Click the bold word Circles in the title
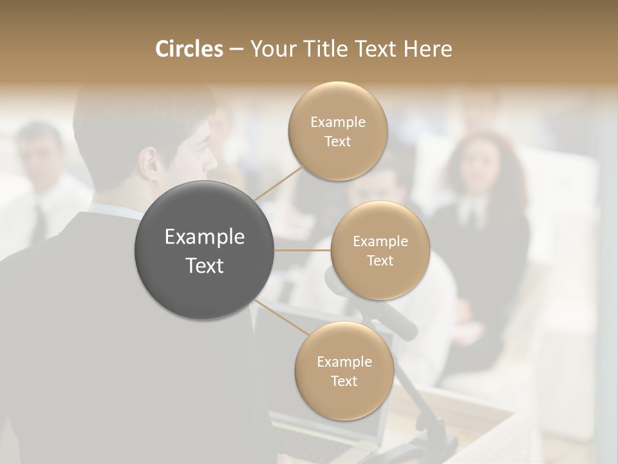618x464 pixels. point(189,49)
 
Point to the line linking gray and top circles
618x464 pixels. point(278,183)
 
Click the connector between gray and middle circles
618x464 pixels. point(303,250)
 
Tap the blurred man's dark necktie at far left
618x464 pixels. point(40,222)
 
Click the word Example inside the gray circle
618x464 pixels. point(205,237)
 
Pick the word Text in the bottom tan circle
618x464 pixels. point(344,381)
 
